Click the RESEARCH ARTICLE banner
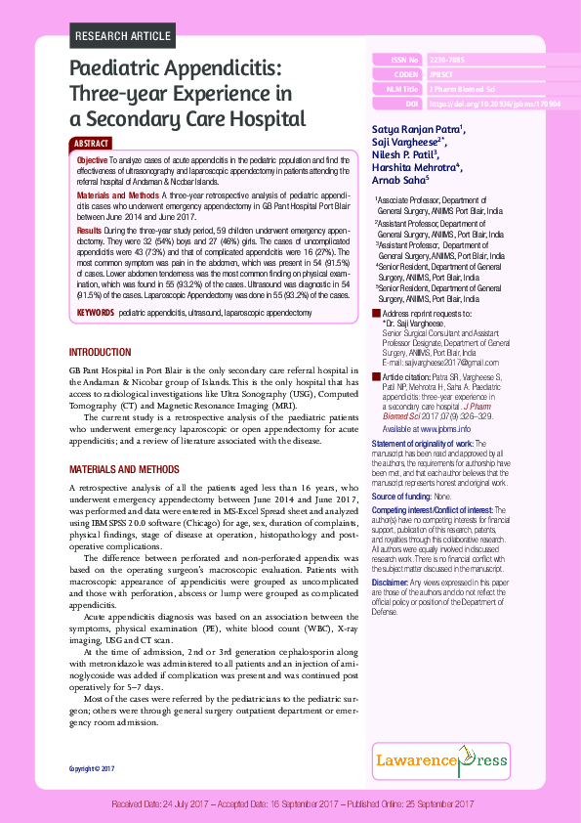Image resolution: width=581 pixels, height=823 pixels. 121,37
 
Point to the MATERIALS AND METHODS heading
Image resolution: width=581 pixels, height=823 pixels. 124,470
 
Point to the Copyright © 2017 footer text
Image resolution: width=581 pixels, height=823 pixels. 92,769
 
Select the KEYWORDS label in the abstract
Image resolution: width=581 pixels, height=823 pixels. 96,313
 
